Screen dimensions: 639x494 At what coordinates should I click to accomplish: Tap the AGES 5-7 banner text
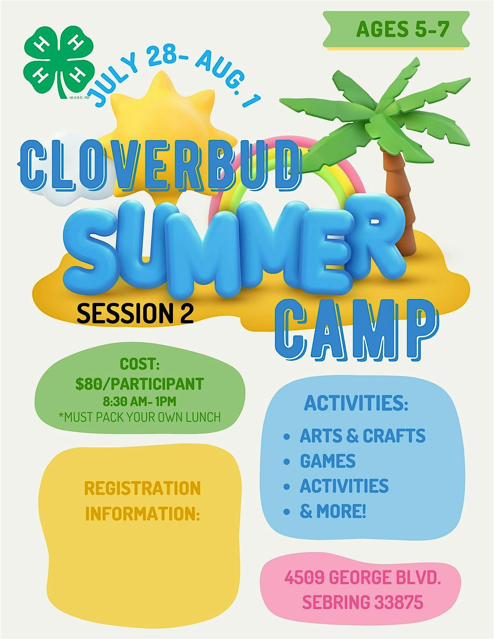tap(402, 29)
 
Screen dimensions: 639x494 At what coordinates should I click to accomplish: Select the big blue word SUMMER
tap(235, 247)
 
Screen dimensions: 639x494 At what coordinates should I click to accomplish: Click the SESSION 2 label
tap(135, 314)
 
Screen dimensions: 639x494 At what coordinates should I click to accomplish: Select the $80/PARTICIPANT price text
tap(140, 383)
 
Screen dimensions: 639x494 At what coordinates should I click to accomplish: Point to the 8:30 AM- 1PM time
tap(140, 401)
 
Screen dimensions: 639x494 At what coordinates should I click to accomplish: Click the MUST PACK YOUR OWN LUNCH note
tap(140, 417)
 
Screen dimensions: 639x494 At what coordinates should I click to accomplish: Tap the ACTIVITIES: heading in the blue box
tap(356, 403)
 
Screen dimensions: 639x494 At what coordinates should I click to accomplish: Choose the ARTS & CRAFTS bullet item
tap(362, 436)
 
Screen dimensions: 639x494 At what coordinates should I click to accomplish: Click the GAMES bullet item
tap(328, 461)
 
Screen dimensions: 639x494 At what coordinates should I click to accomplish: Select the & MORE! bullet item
tap(333, 511)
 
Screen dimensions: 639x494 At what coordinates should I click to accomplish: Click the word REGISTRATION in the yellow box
tap(142, 488)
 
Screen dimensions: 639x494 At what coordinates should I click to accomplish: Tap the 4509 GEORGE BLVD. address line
tap(362, 578)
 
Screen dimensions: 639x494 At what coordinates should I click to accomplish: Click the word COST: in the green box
tap(140, 364)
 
